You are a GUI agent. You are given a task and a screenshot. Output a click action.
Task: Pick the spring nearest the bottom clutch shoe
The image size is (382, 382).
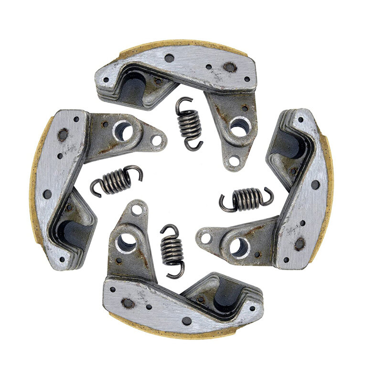click(x=172, y=249)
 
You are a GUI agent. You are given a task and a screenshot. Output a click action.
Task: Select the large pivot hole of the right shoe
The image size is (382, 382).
click(x=238, y=246)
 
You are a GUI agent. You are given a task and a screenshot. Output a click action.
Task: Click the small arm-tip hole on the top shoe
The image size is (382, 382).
click(x=234, y=161)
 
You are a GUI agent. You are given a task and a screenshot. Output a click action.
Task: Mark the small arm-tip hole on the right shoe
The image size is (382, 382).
click(x=206, y=237)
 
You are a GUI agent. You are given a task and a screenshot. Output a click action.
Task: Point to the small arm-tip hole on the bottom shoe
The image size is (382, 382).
click(x=137, y=209)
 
